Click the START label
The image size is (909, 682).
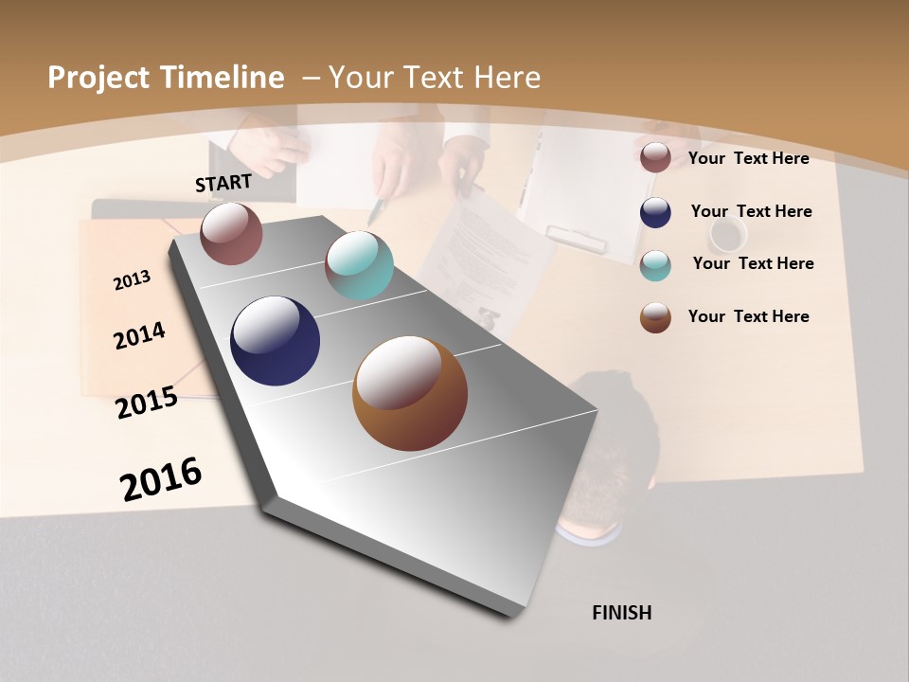(223, 183)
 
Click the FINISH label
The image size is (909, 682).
(621, 613)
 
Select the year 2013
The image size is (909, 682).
(133, 280)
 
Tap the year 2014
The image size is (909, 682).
(139, 335)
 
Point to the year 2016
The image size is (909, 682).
(161, 478)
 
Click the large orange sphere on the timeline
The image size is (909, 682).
(410, 393)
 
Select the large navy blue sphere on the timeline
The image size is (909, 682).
(275, 341)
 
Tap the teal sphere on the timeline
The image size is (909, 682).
(359, 265)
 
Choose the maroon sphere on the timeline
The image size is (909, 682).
(231, 233)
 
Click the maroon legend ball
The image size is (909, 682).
(655, 158)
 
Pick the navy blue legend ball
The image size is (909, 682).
(655, 212)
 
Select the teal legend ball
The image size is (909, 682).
(655, 265)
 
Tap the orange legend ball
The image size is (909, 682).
(655, 317)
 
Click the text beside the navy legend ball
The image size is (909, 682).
(751, 211)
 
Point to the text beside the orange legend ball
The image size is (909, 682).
(748, 316)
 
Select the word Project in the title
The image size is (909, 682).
(99, 78)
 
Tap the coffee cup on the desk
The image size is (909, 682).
(728, 235)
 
